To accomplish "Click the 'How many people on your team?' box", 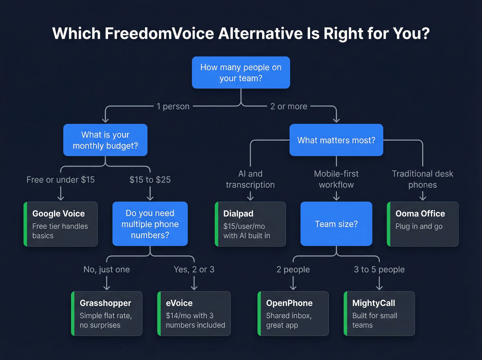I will [x=241, y=73].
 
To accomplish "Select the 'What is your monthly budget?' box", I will [x=105, y=140].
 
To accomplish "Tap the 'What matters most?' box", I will [x=336, y=140].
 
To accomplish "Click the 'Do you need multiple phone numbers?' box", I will [x=150, y=224].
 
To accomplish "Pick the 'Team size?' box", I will [x=336, y=224].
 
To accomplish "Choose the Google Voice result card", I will [x=61, y=224].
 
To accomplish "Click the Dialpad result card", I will [x=250, y=224].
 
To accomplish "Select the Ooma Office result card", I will [x=422, y=224].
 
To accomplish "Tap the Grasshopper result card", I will [x=107, y=313].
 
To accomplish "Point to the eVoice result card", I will [x=194, y=313].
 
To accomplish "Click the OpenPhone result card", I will [x=293, y=313].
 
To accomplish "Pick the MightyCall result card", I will [x=379, y=313].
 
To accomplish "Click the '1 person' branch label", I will [x=173, y=106].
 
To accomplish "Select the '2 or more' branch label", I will [x=289, y=106].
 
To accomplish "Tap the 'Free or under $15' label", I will [x=61, y=180].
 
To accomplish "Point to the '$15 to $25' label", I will [x=150, y=180].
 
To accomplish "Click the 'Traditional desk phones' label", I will [x=422, y=179].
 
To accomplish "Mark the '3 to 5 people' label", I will [x=379, y=269].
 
